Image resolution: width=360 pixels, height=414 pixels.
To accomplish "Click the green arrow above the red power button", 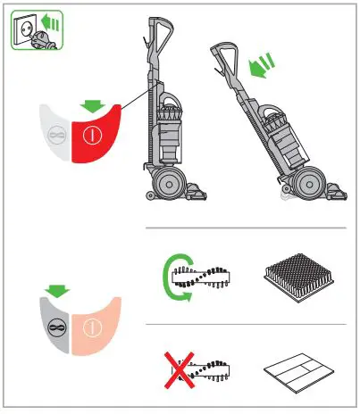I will [90, 107].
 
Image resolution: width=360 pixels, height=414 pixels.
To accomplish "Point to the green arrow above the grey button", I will [58, 291].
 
